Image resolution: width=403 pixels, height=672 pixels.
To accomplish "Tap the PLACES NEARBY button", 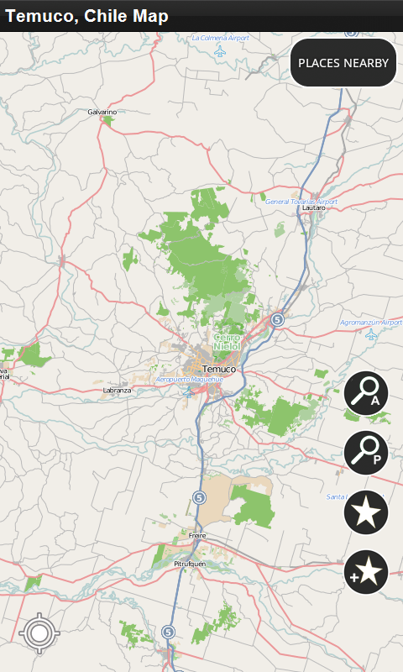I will pos(343,63).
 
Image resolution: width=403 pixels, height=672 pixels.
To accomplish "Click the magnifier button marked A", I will pos(365,393).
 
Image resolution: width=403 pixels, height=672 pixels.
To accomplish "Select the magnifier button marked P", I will pos(365,452).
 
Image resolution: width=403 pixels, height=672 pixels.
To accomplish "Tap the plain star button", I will pos(365,512).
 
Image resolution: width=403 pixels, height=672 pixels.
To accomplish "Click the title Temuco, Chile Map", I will pos(86,16).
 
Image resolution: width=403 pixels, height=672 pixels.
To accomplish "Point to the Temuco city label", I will pos(219,369).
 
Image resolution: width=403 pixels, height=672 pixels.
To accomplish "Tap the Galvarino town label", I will pos(102,112).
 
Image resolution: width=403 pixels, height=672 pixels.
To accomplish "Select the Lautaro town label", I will pos(313,207).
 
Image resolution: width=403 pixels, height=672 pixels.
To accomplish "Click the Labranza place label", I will pos(117,391).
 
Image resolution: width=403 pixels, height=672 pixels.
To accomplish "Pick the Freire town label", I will pos(197,534).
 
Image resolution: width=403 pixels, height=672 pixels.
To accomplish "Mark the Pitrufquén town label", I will pos(189,564).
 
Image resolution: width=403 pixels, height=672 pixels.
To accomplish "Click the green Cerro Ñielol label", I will pos(227,341).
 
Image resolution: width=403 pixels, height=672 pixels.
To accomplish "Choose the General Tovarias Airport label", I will pos(301,202).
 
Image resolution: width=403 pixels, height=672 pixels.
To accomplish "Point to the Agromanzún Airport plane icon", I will pos(371,334).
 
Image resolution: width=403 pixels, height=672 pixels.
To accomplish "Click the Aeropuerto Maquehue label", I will pos(190,380).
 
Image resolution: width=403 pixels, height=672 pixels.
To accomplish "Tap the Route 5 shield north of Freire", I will pos(199,497).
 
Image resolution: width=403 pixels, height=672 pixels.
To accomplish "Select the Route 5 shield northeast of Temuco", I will pos(277,319).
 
